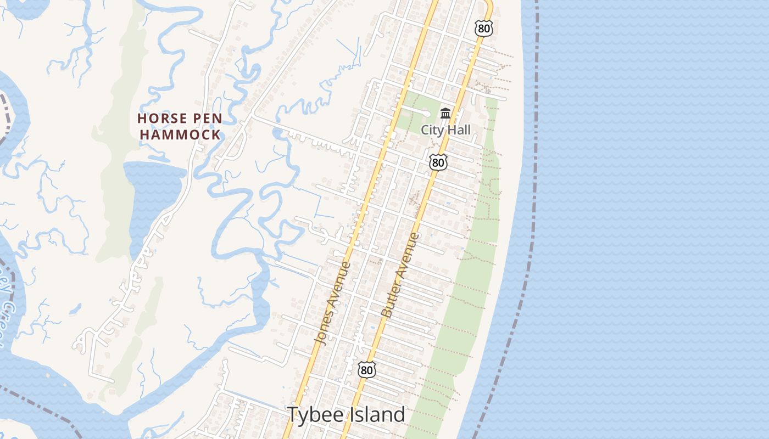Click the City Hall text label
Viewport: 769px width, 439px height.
[x=445, y=130]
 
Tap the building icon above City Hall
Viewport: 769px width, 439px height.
[x=445, y=114]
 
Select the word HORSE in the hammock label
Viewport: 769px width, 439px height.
[x=158, y=118]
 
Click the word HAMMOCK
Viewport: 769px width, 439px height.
[x=180, y=134]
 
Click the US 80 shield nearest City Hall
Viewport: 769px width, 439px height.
[x=438, y=162]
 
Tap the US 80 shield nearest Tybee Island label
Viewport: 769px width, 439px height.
[x=367, y=370]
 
